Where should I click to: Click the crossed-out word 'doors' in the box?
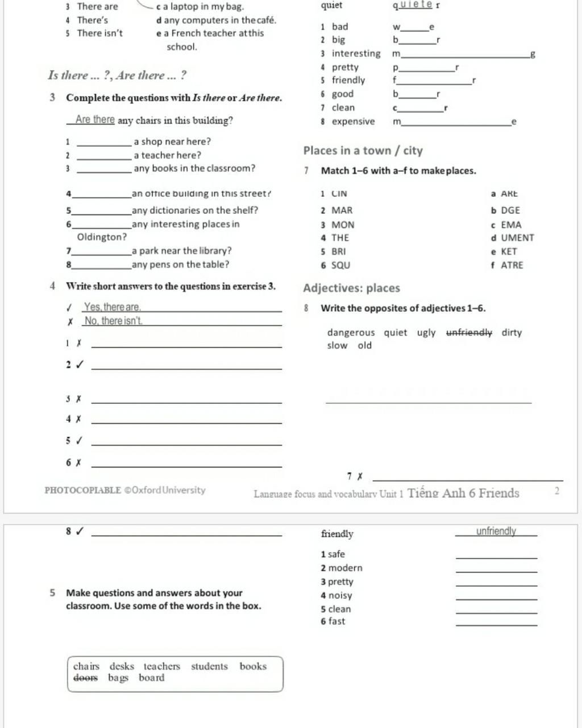coord(86,678)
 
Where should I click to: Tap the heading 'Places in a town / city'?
coord(363,151)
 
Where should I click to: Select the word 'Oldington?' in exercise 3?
coord(102,237)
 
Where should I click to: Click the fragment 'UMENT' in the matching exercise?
coord(517,238)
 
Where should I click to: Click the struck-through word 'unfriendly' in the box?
coord(469,333)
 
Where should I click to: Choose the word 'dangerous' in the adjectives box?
coord(351,333)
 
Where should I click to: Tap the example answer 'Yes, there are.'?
coord(112,307)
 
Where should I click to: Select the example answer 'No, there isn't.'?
coord(113,321)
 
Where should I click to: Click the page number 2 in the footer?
coord(556,491)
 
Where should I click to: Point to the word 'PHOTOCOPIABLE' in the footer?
coord(82,490)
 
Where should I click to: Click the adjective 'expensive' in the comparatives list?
coord(353,121)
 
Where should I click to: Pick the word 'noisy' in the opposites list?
coord(340,595)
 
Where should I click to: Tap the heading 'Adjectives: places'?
coord(351,288)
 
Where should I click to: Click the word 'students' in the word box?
coord(209,666)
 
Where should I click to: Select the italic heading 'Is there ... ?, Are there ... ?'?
coord(117,75)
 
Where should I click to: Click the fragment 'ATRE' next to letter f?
coord(512,265)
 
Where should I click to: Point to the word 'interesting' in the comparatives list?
coord(356,53)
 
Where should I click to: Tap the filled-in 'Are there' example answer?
coord(95,120)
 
